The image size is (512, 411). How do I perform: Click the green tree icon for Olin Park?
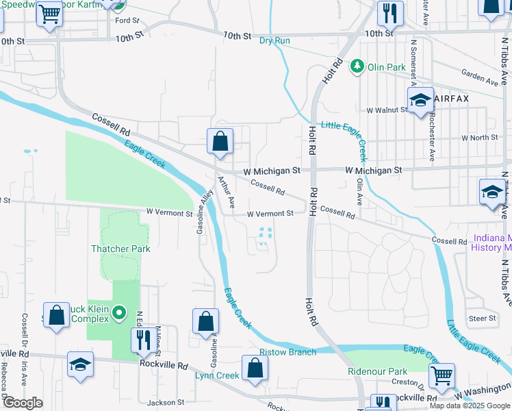[x=357, y=66]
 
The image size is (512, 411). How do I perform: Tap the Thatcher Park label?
[x=120, y=249]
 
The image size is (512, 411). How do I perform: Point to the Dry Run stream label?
[x=274, y=40]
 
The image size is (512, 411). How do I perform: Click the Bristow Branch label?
[x=287, y=352]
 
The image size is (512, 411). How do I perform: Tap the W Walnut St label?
[x=387, y=110]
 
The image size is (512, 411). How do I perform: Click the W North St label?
[x=479, y=138]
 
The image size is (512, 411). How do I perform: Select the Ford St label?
[x=127, y=21]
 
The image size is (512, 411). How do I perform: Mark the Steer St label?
[x=482, y=318]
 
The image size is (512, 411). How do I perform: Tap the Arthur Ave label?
[x=227, y=193]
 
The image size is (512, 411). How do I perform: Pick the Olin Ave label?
[x=359, y=192]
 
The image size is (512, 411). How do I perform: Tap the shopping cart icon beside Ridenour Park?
[x=442, y=374]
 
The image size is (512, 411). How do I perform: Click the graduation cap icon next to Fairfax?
[x=420, y=100]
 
